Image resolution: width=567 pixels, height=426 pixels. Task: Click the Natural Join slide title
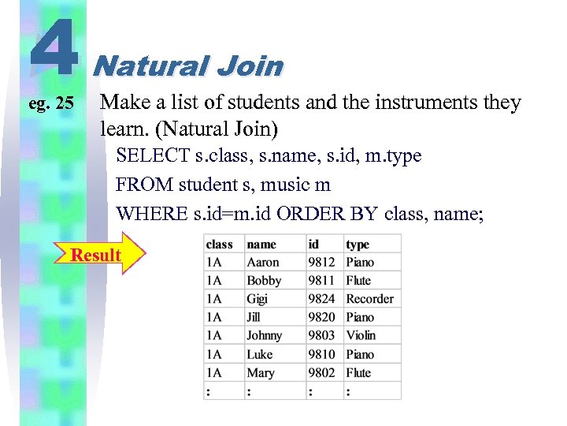[187, 65]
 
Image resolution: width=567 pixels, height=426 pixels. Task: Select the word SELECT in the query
[152, 156]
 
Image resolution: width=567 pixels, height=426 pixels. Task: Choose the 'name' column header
[261, 245]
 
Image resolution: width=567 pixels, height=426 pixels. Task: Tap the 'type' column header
[358, 245]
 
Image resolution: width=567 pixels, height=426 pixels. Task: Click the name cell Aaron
[263, 263]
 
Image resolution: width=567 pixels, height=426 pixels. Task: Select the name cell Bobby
[264, 281]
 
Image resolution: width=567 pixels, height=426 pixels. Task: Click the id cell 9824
[321, 299]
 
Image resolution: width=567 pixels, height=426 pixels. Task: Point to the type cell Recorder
[369, 299]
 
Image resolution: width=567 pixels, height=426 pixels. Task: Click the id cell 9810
[321, 354]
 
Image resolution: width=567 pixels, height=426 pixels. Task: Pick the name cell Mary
[261, 372]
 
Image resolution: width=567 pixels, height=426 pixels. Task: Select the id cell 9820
[321, 317]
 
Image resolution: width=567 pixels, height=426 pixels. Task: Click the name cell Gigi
[258, 299]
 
